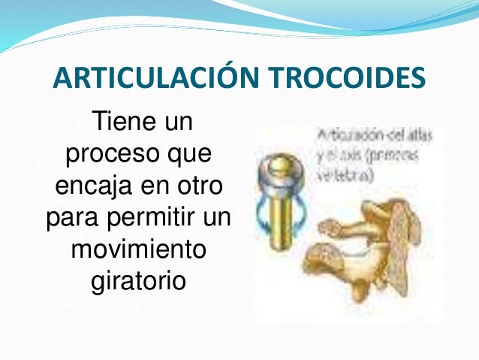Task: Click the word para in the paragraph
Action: (x=73, y=216)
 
